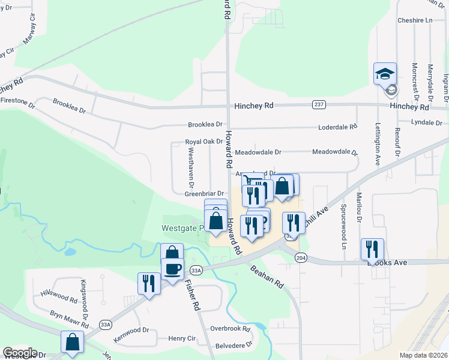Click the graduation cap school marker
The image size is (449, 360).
(x=385, y=74)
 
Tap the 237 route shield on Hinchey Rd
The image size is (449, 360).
(x=319, y=105)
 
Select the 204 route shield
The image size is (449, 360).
(x=301, y=257)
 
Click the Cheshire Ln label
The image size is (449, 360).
(x=415, y=20)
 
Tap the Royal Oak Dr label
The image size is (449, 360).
(x=204, y=142)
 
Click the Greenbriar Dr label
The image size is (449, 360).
(x=204, y=194)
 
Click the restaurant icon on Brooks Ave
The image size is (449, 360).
(x=372, y=249)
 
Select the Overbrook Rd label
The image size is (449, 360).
(x=230, y=329)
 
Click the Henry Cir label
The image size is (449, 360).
(x=182, y=338)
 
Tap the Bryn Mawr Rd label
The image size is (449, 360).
(x=69, y=319)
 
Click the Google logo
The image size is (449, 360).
(x=20, y=353)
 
